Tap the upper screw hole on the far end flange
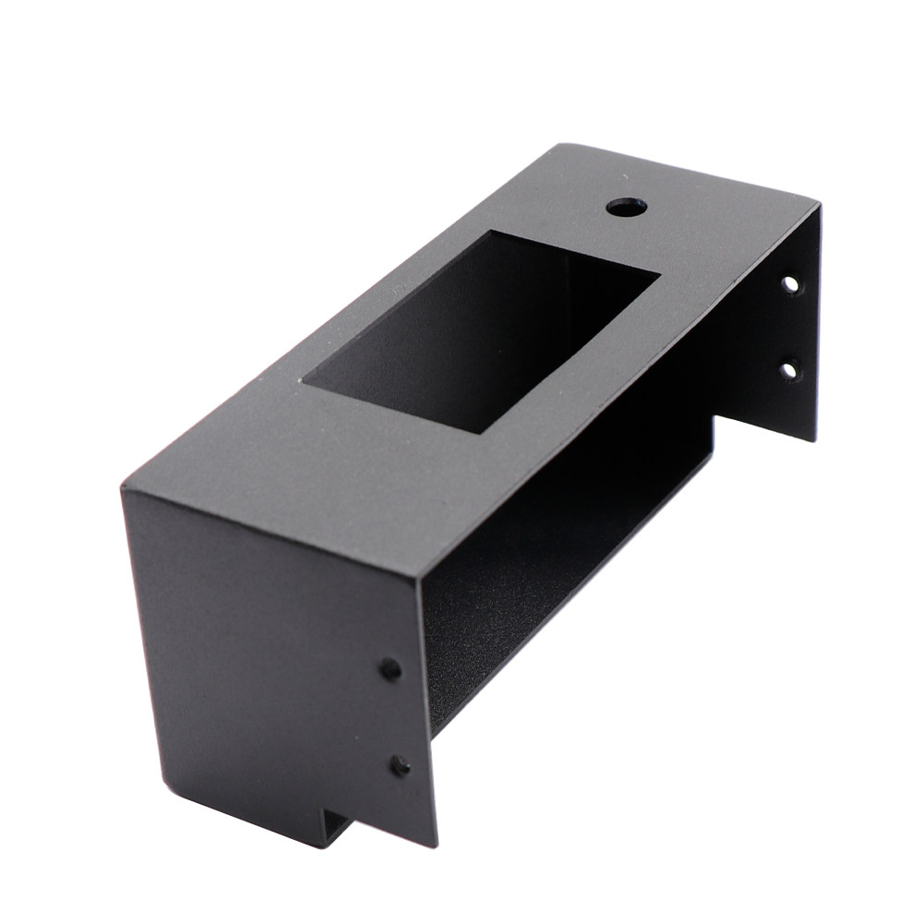click(790, 284)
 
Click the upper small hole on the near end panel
click(390, 669)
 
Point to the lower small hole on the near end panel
click(400, 765)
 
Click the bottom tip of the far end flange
click(813, 439)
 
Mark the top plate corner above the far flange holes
click(818, 205)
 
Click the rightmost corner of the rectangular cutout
click(659, 273)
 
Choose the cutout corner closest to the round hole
click(492, 232)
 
